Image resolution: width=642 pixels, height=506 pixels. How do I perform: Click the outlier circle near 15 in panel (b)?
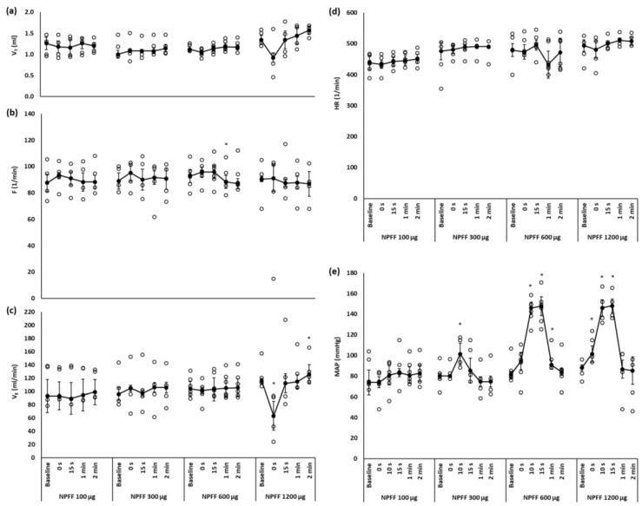274,279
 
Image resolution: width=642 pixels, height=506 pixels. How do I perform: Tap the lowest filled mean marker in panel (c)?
273,416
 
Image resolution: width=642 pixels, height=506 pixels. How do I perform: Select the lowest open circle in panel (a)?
274,77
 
